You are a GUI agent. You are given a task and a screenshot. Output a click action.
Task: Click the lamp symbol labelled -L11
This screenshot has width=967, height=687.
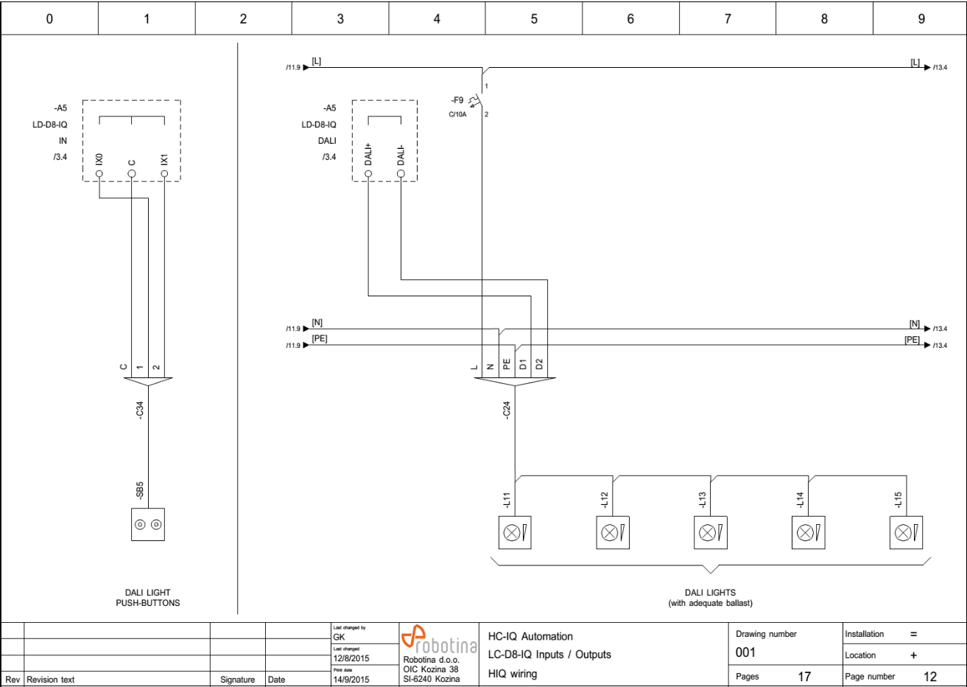[514, 532]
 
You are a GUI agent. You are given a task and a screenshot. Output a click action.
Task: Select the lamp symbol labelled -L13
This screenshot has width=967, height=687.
[710, 532]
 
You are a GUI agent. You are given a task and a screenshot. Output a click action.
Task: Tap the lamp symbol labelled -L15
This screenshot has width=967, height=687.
[906, 532]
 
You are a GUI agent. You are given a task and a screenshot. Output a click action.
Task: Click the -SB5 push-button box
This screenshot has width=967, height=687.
[148, 525]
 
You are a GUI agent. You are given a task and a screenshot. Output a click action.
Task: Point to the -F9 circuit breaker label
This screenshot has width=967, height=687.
[457, 100]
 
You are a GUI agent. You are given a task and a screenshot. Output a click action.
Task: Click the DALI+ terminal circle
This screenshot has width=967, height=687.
[368, 175]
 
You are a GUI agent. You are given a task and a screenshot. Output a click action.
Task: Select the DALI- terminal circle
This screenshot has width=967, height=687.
[401, 175]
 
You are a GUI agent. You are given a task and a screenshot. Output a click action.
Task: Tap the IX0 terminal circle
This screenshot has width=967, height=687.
[99, 175]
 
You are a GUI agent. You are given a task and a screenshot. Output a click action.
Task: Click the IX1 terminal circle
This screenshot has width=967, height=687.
[164, 175]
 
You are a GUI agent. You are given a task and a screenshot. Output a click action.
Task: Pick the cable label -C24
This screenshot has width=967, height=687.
[507, 411]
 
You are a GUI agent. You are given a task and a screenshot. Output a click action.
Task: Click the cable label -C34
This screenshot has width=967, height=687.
[140, 411]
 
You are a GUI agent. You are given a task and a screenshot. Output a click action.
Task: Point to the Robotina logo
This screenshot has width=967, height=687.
[439, 640]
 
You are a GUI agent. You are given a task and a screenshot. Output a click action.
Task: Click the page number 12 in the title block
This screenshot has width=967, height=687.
[930, 676]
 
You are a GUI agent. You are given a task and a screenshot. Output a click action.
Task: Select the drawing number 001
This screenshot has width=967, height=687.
[746, 652]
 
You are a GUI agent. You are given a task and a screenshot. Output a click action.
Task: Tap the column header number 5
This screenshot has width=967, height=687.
[534, 19]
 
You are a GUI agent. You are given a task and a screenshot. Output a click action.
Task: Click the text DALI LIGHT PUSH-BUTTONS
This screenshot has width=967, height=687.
[148, 598]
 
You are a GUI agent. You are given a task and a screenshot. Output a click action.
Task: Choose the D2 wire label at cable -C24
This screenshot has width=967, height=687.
[540, 364]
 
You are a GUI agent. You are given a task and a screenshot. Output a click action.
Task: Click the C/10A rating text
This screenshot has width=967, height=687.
[457, 114]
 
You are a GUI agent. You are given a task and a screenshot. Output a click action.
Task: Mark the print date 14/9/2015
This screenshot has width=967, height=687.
[351, 679]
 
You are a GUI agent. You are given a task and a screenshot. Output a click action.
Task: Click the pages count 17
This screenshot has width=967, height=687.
[804, 676]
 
